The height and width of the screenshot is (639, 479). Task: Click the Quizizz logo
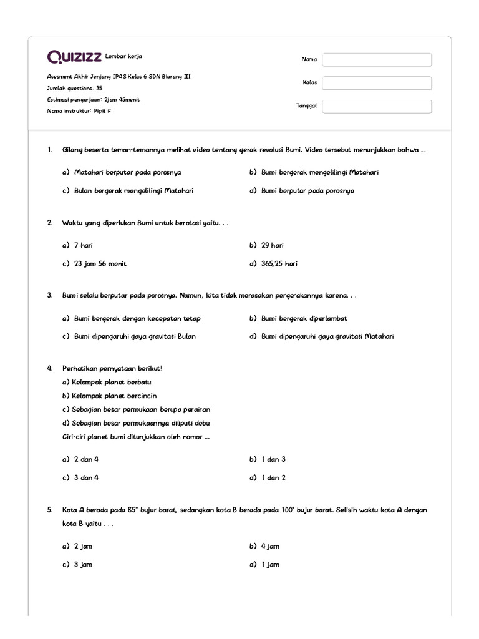pos(75,57)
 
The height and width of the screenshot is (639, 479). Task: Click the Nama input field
pos(377,60)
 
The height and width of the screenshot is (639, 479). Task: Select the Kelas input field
pos(377,83)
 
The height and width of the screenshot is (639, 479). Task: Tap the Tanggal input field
pos(377,106)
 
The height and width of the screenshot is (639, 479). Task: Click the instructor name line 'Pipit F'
pos(79,111)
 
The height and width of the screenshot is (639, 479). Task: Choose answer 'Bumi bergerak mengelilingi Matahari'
pos(320,172)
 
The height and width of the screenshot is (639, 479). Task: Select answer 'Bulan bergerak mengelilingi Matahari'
pos(133,191)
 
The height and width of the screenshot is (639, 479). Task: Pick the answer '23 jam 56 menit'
pos(100,264)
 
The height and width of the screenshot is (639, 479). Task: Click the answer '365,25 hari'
pos(279,264)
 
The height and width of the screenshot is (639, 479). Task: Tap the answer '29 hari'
pos(273,246)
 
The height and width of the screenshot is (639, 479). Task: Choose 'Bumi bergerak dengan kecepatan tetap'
pos(137,319)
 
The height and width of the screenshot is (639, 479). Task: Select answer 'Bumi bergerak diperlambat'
pos(304,319)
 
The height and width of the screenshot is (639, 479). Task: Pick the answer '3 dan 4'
pos(86,478)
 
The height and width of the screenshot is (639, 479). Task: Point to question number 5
pos(50,510)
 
